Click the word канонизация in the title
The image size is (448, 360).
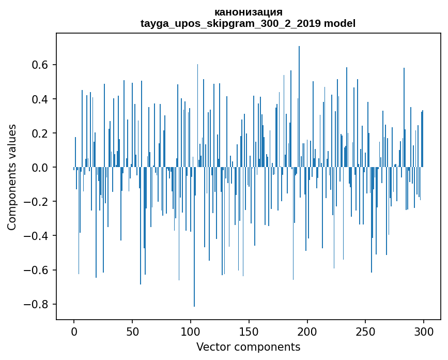click(248, 12)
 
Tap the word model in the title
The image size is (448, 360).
click(339, 23)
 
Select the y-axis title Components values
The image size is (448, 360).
click(11, 177)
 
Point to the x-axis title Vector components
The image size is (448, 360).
click(248, 347)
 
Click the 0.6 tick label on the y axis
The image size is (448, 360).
click(41, 65)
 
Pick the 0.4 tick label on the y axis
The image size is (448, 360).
click(41, 99)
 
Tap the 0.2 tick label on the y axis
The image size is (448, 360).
click(41, 133)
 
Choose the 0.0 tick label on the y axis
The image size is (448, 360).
click(41, 168)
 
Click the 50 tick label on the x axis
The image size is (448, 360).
click(132, 331)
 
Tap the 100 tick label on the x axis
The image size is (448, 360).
click(191, 331)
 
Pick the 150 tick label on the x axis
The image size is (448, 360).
click(249, 331)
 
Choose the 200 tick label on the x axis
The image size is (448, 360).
click(307, 331)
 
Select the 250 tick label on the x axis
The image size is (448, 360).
click(366, 331)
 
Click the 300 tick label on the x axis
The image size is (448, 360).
click(424, 331)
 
